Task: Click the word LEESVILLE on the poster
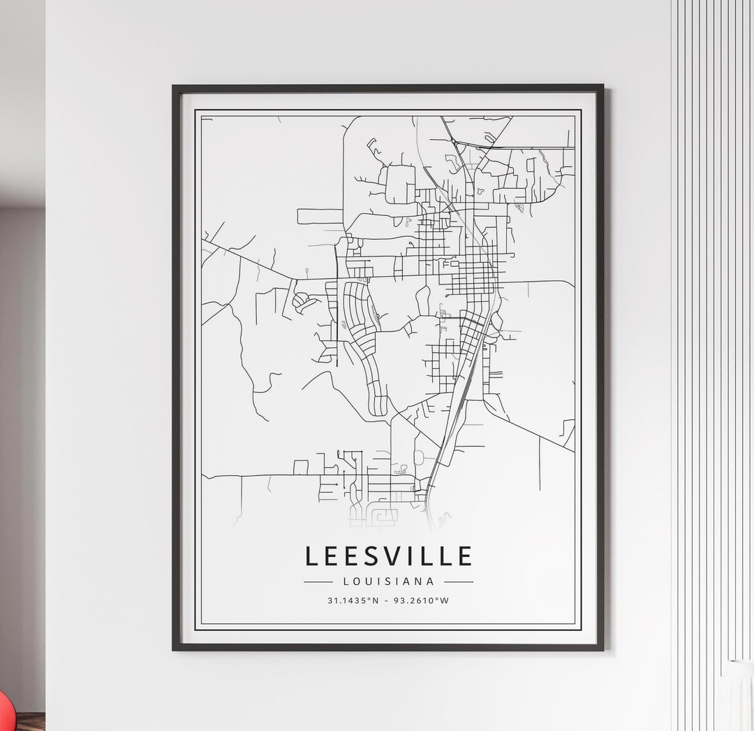pos(389,556)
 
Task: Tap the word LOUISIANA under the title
pos(389,581)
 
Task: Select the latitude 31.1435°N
pos(352,600)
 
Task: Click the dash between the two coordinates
pos(387,600)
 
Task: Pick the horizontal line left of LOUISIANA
pos(318,581)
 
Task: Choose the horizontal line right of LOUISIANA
pos(459,581)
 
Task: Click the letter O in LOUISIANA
pos(357,581)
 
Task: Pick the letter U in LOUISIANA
pos(369,581)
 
